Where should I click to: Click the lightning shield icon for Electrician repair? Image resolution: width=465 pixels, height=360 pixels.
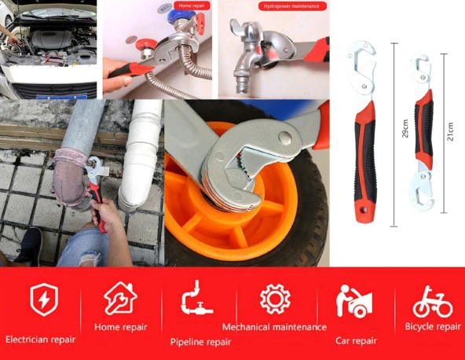pyautogui.click(x=44, y=299)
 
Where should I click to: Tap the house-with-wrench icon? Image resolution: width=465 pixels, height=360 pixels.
pyautogui.click(x=120, y=298)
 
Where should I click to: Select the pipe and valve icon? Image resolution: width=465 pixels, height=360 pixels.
pyautogui.click(x=196, y=298)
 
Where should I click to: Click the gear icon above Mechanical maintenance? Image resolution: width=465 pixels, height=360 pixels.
pyautogui.click(x=275, y=299)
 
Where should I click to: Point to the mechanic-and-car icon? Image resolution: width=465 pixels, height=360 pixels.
pyautogui.click(x=354, y=301)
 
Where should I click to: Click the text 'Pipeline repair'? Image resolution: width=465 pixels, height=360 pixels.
pyautogui.click(x=200, y=342)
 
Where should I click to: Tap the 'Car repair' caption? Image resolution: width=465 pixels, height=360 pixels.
pyautogui.click(x=356, y=340)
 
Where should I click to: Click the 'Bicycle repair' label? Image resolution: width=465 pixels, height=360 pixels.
pyautogui.click(x=433, y=327)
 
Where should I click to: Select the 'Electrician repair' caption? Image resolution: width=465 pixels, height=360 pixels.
pyautogui.click(x=40, y=340)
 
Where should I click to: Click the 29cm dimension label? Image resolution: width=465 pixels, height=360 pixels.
pyautogui.click(x=405, y=128)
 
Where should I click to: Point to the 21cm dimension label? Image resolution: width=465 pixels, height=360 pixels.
pyautogui.click(x=450, y=131)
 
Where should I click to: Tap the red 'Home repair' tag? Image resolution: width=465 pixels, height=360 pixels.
pyautogui.click(x=192, y=6)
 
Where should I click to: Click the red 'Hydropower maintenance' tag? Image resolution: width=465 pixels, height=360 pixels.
pyautogui.click(x=292, y=6)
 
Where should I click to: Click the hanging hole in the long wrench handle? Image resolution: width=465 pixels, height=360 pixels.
pyautogui.click(x=364, y=210)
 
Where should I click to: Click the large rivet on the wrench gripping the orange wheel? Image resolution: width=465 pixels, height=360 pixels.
pyautogui.click(x=284, y=138)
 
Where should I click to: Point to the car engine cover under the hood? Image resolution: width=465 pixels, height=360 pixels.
pyautogui.click(x=52, y=39)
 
